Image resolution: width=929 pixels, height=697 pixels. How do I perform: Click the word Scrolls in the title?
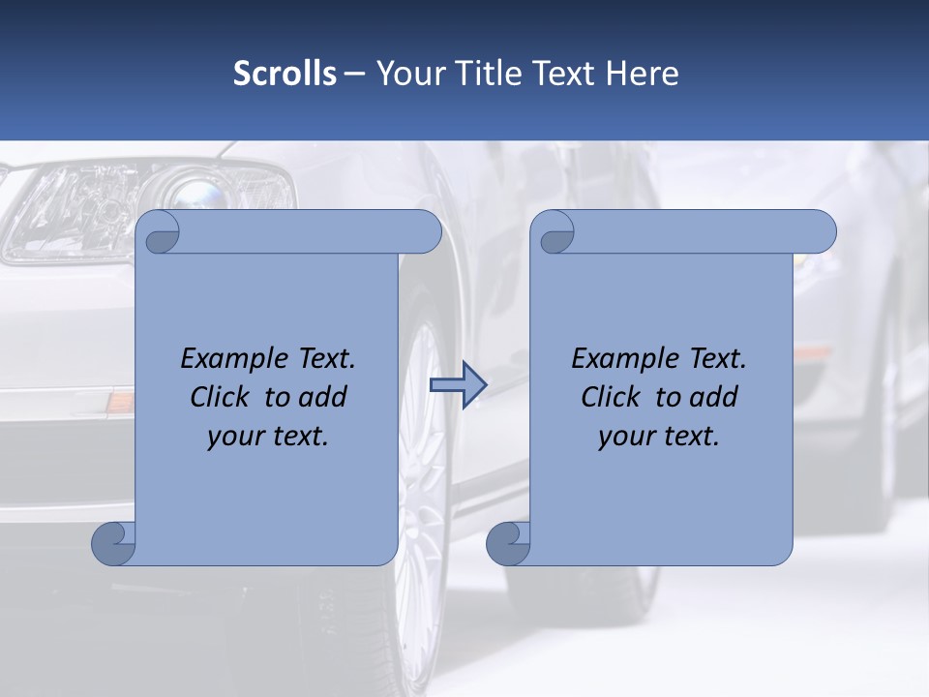click(285, 74)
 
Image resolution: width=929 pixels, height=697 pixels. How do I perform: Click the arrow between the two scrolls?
click(458, 385)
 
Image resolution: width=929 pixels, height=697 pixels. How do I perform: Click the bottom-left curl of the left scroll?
click(114, 543)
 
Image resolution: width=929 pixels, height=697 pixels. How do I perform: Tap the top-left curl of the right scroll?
click(555, 233)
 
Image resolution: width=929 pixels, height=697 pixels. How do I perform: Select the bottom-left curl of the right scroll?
click(508, 543)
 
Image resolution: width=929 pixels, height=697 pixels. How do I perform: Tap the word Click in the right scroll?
click(610, 398)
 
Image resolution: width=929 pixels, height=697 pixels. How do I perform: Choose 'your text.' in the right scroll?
click(659, 437)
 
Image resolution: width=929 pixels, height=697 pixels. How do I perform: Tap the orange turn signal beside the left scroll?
click(119, 399)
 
